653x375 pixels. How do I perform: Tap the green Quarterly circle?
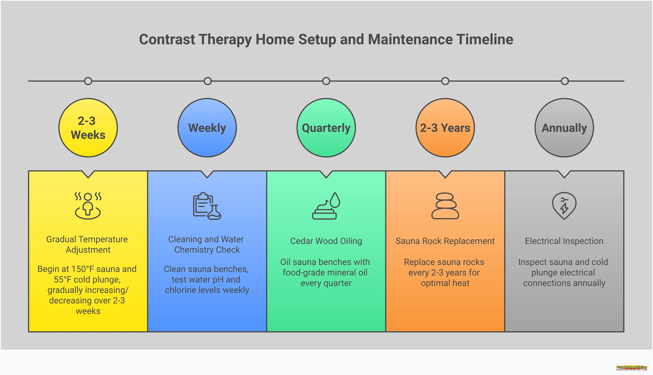click(x=326, y=128)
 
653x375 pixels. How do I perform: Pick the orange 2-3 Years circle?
click(x=445, y=128)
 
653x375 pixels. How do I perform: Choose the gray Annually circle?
click(x=564, y=128)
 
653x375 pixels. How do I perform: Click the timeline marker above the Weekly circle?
click(x=207, y=81)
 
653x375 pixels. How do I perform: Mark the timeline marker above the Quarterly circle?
click(x=326, y=81)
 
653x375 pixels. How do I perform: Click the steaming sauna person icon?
click(x=88, y=206)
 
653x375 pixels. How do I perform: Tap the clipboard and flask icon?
click(x=207, y=206)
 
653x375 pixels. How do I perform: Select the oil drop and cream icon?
click(x=326, y=206)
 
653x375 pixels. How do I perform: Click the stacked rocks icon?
click(x=445, y=206)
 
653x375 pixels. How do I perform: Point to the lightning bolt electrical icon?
click(x=564, y=206)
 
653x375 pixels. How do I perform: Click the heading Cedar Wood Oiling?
click(x=326, y=241)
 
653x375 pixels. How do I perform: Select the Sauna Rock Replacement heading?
click(x=445, y=241)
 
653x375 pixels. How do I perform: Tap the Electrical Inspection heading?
click(x=564, y=241)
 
